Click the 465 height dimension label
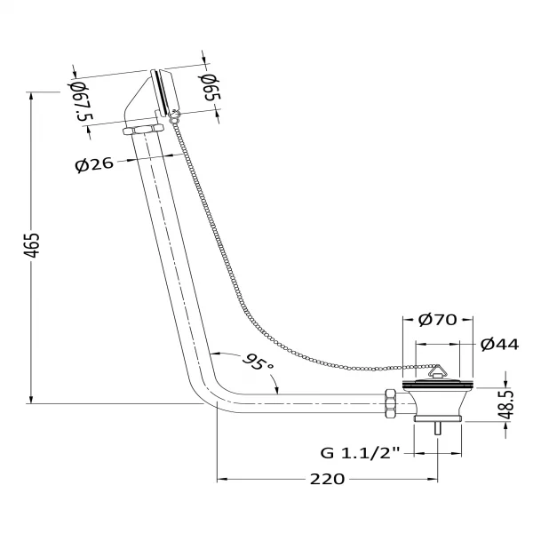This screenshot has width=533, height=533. click(35, 245)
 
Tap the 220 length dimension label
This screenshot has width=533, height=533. click(327, 480)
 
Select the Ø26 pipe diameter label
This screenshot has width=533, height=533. click(94, 164)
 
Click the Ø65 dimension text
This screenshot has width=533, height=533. click(210, 88)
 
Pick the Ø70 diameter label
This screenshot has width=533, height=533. click(438, 320)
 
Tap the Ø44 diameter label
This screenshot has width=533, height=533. click(500, 345)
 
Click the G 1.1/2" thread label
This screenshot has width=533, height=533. click(361, 453)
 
